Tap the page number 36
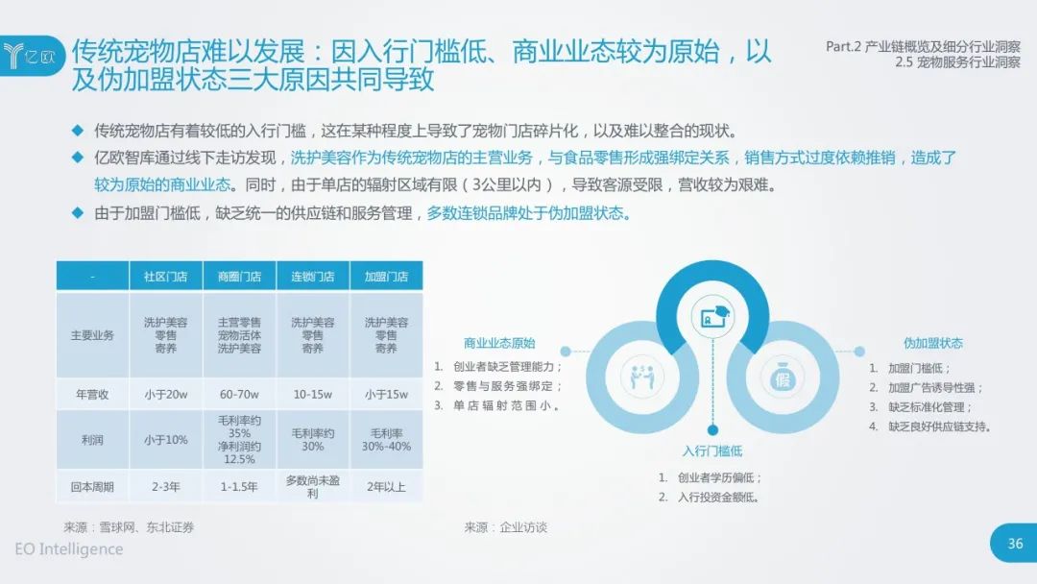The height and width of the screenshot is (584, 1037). coord(1015,544)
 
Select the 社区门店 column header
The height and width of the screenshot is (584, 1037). coord(165,277)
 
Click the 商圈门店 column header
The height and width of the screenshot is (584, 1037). coord(239,277)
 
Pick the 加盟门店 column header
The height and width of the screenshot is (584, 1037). coord(386,277)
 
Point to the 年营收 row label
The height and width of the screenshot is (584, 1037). coord(92,394)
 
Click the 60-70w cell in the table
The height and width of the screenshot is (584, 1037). coord(239,394)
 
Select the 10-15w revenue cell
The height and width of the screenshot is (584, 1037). coord(313,394)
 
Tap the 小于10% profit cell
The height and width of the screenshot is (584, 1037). coord(165,440)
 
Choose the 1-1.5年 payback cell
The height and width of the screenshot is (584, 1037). coord(239,487)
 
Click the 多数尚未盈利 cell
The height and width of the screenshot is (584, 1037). coord(313,487)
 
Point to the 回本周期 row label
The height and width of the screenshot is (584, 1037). coord(92,487)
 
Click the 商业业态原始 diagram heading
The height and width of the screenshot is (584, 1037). coord(499,343)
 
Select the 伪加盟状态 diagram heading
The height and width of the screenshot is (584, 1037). coord(933,343)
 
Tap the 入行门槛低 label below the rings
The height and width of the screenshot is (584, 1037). coord(712,451)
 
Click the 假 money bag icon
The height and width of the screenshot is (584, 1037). coord(783,377)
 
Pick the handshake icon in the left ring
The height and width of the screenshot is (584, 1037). coord(641,377)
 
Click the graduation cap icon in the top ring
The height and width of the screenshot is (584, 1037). coord(712,317)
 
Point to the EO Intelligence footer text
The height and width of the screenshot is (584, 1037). coord(69,549)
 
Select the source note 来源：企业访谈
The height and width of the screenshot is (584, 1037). coord(506,527)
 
